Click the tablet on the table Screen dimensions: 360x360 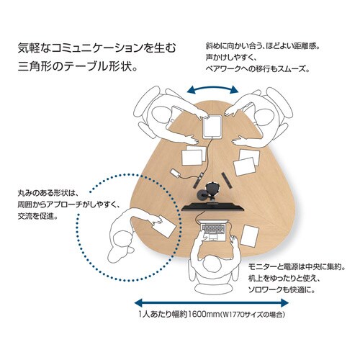coord(212,126)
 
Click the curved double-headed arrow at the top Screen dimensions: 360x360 coord(212,89)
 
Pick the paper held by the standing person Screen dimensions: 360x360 coord(164,228)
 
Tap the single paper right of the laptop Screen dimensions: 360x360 coord(251,234)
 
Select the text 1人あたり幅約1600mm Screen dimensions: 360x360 coord(176,315)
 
